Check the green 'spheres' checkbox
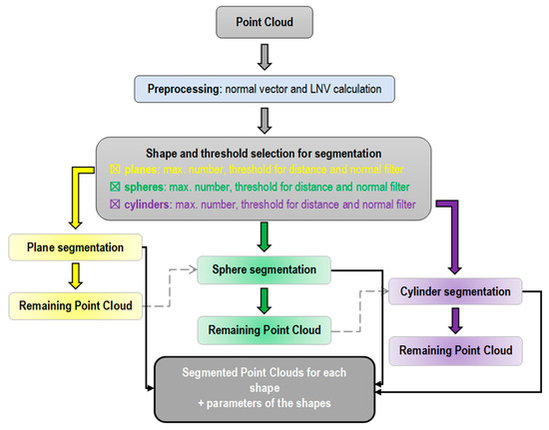(117, 187)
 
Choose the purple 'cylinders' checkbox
(117, 205)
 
